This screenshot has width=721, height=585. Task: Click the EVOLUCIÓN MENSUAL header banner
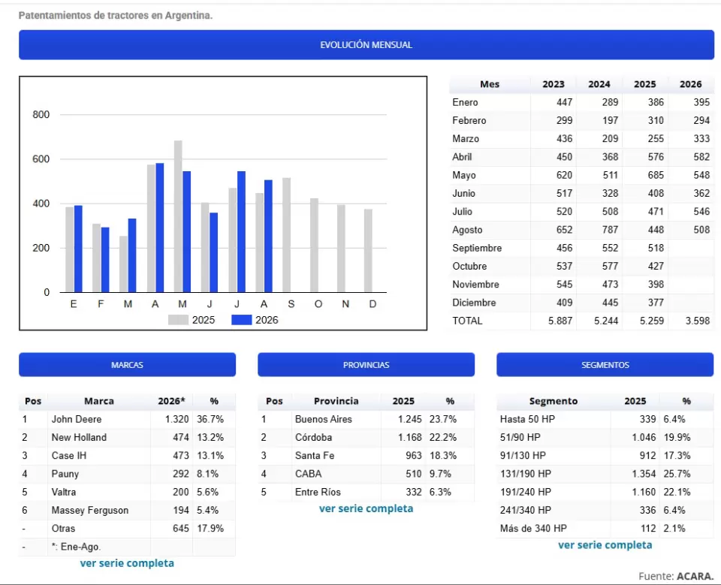coord(366,44)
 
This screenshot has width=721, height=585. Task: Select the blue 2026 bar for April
coord(159,228)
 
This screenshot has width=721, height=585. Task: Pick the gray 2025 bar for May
coord(178,216)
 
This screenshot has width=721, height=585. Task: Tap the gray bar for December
coord(368,251)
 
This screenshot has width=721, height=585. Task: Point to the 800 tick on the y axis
coord(41,114)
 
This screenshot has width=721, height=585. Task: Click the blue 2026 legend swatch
coord(241,320)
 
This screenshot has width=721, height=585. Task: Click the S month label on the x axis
coord(291,304)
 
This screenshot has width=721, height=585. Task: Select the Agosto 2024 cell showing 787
coord(610,230)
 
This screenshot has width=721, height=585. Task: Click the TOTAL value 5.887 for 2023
coord(560,321)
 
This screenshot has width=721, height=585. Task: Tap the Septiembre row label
coord(477,248)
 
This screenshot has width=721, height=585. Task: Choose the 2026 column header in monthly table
coord(691,84)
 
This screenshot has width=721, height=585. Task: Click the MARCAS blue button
coord(128,365)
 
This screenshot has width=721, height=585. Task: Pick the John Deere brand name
coord(77,419)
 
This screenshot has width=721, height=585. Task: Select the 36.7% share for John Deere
coord(210,419)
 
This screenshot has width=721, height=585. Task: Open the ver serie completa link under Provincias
coord(366,508)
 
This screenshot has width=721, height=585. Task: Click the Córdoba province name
coord(313,437)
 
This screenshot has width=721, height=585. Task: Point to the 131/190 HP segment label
coord(526,474)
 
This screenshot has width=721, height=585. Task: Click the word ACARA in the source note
coord(695,576)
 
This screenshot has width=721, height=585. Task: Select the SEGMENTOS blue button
coord(605,365)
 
